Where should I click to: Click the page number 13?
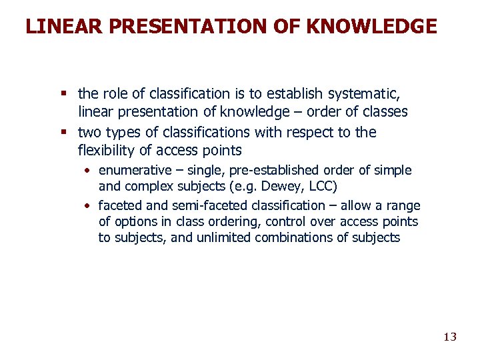point(450,337)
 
